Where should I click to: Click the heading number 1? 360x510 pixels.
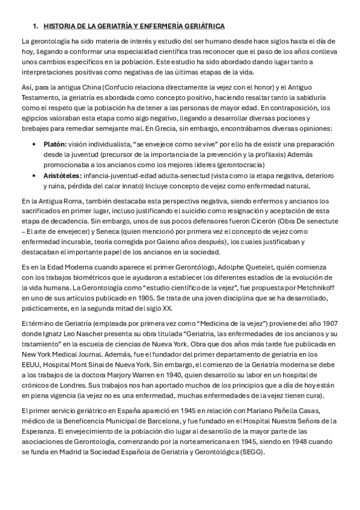(x=35, y=26)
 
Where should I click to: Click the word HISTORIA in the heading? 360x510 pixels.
(x=59, y=26)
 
